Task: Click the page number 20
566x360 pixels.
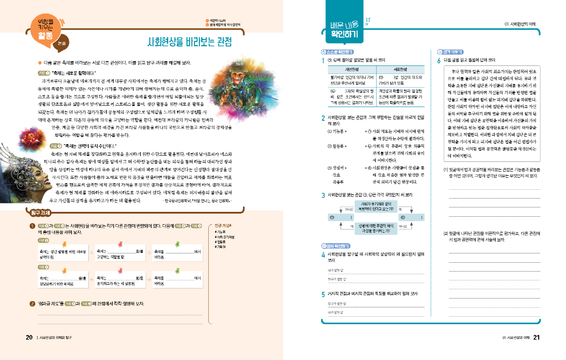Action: pyautogui.click(x=29, y=337)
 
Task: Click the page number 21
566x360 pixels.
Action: pyautogui.click(x=536, y=337)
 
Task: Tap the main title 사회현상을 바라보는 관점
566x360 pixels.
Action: pyautogui.click(x=190, y=42)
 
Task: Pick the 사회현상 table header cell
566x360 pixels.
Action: pyautogui.click(x=400, y=69)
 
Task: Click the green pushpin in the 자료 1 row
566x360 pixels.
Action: pyautogui.click(x=177, y=244)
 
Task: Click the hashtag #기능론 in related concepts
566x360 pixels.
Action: pyautogui.click(x=220, y=231)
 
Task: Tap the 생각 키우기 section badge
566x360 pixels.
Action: pyautogui.click(x=450, y=52)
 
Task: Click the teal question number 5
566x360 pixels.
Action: pyautogui.click(x=323, y=294)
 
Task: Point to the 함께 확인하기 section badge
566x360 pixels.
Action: pyautogui.click(x=337, y=245)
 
